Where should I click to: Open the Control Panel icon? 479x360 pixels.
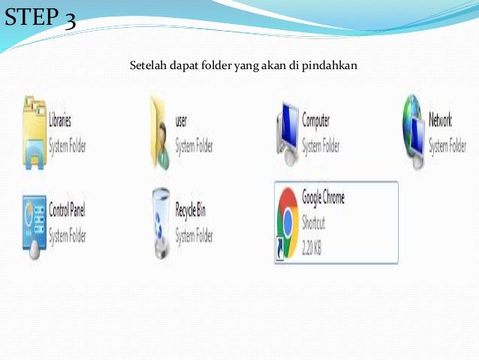pyautogui.click(x=34, y=225)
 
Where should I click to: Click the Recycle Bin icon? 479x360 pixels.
pyautogui.click(x=159, y=225)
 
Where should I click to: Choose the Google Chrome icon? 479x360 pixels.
pyautogui.click(x=287, y=223)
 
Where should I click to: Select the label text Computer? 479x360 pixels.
pyautogui.click(x=316, y=120)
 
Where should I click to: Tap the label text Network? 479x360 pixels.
pyautogui.click(x=441, y=120)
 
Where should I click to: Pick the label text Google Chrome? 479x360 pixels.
pyautogui.click(x=324, y=197)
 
